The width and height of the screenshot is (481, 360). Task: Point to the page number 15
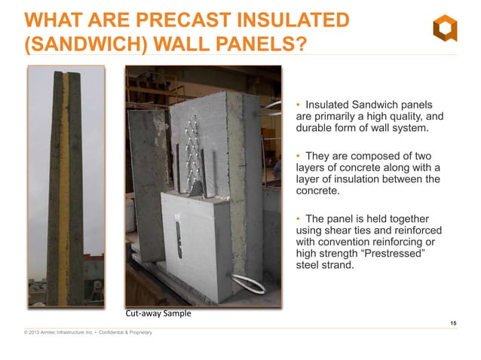(453, 323)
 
